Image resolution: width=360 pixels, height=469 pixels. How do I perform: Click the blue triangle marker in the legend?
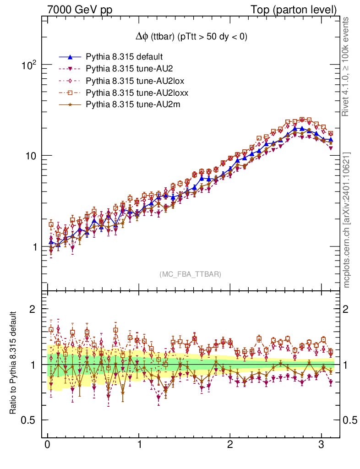70,57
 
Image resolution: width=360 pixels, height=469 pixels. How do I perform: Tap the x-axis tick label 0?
48,445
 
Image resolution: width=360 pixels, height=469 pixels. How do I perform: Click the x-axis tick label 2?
229,445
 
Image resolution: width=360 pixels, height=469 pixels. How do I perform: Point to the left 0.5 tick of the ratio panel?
30,420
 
